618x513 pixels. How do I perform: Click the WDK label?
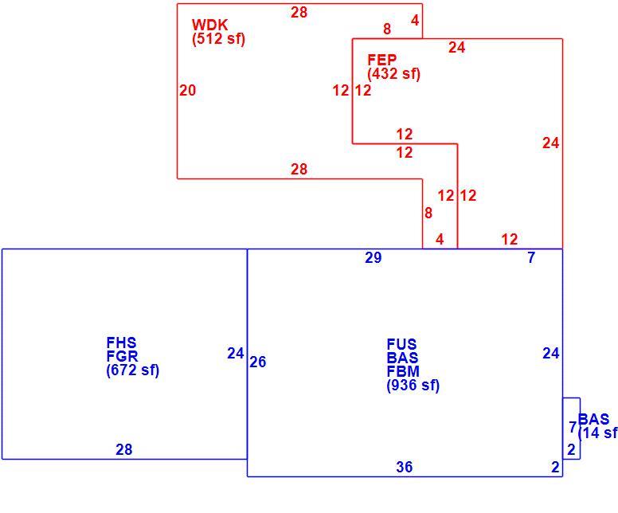coord(209,25)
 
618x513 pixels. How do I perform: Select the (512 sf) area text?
coord(219,39)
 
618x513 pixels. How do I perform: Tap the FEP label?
coord(382,60)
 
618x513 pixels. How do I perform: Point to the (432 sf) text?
coord(394,74)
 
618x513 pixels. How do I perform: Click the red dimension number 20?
coord(188,90)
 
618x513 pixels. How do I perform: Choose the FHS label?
coord(121,343)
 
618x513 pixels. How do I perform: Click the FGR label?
coord(122,356)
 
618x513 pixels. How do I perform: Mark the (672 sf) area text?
coord(133,370)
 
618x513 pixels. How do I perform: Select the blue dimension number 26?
coord(258,362)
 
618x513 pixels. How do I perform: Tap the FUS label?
coord(401,344)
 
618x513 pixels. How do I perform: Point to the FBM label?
coord(403,371)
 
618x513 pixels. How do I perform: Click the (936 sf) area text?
coord(413,386)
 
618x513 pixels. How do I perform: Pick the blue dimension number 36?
coord(405,467)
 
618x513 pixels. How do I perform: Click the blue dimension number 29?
coord(374,257)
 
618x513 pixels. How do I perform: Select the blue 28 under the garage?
coord(123,449)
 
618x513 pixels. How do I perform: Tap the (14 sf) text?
coord(598,433)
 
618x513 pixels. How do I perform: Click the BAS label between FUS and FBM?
coord(402,358)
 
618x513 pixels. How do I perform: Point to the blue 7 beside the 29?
coord(531,257)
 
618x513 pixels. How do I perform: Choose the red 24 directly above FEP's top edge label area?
coord(457,47)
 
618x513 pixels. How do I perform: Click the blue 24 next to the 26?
coord(235,354)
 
